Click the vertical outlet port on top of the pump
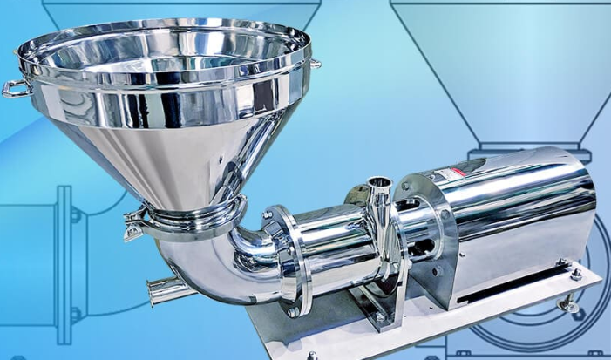point(378,193)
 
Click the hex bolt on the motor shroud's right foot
point(575,274)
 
